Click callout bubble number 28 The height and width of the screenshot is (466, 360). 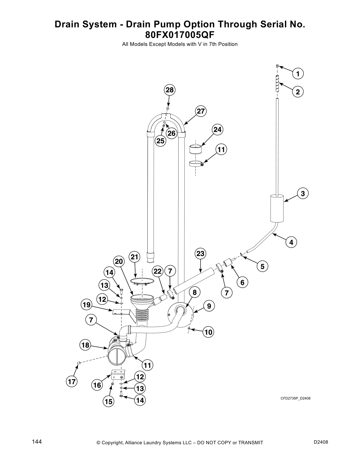[x=170, y=90]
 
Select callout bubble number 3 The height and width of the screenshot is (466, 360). [x=303, y=193]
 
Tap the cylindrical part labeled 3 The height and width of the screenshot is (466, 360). [x=277, y=208]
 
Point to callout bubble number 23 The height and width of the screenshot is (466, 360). [x=200, y=254]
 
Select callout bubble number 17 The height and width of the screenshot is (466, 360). [x=72, y=382]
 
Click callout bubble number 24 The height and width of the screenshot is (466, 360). [x=217, y=129]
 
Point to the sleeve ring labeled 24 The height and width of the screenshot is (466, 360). [x=196, y=149]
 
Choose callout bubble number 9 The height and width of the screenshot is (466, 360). [x=209, y=306]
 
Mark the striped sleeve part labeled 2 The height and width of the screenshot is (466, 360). [x=277, y=84]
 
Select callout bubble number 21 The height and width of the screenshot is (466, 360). [x=134, y=257]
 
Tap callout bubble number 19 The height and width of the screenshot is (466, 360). [x=86, y=305]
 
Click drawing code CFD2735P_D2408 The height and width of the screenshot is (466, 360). [x=295, y=398]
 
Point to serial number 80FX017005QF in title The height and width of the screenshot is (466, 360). [x=180, y=35]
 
